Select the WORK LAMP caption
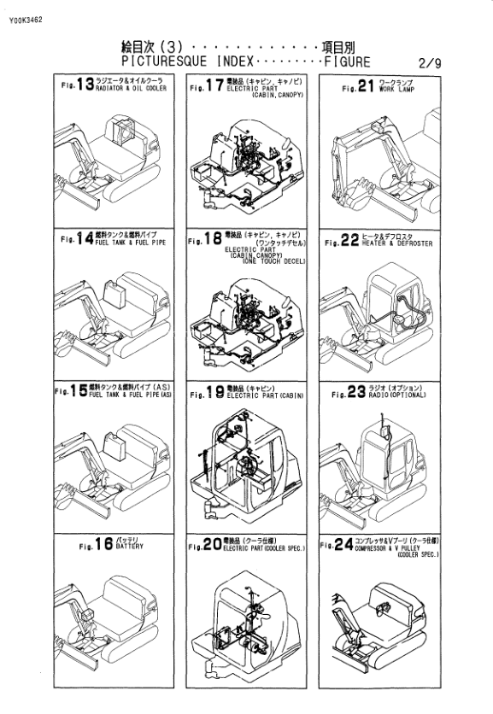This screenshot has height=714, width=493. [x=396, y=87]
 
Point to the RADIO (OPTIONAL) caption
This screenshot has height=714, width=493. [x=405, y=396]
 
